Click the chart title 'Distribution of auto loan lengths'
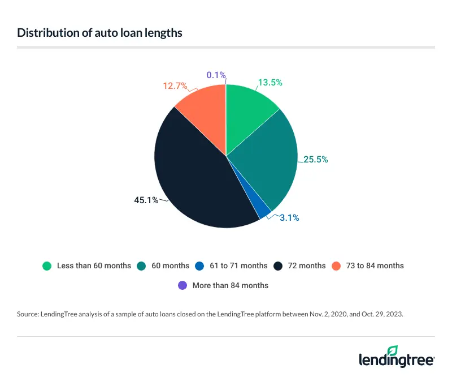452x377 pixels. [99, 32]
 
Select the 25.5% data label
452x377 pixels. [315, 160]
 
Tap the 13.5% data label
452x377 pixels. [270, 83]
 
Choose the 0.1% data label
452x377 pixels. [216, 75]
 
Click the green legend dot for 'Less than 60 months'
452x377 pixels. [47, 265]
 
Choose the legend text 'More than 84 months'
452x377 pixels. [231, 285]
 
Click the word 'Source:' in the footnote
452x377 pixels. [30, 314]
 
